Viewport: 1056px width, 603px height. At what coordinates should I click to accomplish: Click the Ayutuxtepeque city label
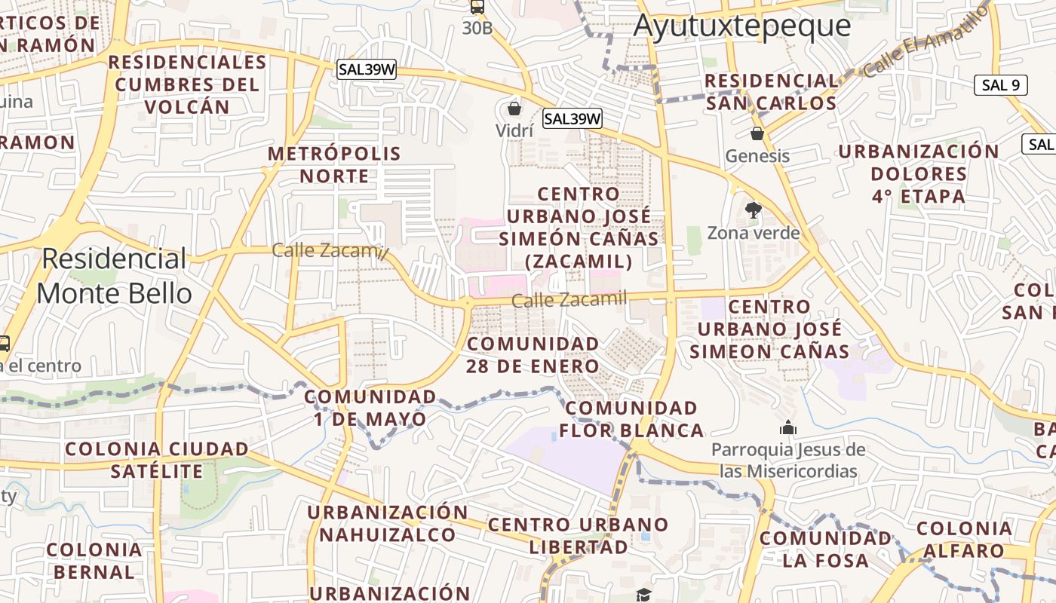(x=742, y=26)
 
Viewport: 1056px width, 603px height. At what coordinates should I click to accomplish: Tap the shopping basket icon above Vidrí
(x=514, y=109)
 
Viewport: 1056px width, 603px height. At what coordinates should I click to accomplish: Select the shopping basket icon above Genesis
(x=757, y=133)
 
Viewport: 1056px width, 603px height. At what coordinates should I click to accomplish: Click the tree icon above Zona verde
(x=753, y=210)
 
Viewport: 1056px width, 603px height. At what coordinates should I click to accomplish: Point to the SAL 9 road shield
(x=1001, y=85)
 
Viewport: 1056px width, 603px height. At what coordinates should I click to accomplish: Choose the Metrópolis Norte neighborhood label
(x=335, y=165)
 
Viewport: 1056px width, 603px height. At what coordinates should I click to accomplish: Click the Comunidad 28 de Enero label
(x=533, y=355)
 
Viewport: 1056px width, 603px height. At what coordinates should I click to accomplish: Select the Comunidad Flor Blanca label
(x=631, y=420)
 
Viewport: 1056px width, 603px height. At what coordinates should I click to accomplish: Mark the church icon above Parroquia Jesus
(x=788, y=428)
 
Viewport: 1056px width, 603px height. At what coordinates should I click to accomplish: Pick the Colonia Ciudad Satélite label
(x=157, y=461)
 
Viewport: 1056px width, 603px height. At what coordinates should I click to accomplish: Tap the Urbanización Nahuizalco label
(x=388, y=524)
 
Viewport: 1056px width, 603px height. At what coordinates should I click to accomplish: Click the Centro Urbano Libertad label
(x=578, y=536)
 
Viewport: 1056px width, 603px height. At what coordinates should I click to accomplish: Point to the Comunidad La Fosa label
(x=826, y=549)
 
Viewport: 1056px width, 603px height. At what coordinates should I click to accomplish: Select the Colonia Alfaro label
(x=965, y=540)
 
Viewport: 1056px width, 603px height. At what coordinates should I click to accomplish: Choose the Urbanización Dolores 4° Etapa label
(x=919, y=174)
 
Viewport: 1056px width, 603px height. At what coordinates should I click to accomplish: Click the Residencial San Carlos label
(x=771, y=92)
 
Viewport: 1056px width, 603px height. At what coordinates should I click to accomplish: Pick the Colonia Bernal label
(x=94, y=561)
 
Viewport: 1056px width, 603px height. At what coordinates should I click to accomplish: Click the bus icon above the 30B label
(x=477, y=8)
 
